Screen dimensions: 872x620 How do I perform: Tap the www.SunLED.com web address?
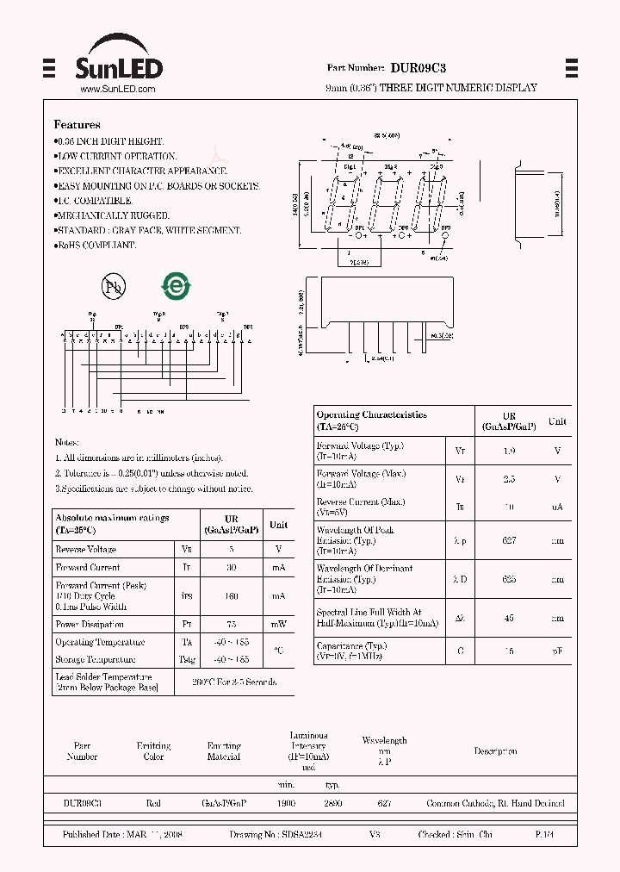[x=117, y=90]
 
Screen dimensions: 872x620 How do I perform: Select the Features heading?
[x=77, y=125]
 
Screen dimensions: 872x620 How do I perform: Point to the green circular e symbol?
[x=176, y=287]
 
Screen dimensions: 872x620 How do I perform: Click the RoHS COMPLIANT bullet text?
[x=96, y=246]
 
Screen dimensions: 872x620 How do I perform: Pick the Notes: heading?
[x=67, y=442]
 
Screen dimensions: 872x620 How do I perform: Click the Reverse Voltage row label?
[x=85, y=549]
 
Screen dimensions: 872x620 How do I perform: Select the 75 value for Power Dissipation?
[x=232, y=624]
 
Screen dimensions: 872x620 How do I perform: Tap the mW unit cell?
[x=278, y=624]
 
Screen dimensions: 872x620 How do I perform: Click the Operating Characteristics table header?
[x=371, y=420]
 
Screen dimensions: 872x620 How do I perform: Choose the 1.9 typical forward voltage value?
[x=509, y=451]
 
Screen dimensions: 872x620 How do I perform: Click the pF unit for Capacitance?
[x=557, y=651]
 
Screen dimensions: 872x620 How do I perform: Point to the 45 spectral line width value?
[x=509, y=618]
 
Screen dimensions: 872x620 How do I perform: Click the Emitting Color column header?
[x=153, y=751]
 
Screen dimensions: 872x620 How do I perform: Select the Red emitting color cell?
[x=153, y=803]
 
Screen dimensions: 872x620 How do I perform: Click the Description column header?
[x=495, y=751]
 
